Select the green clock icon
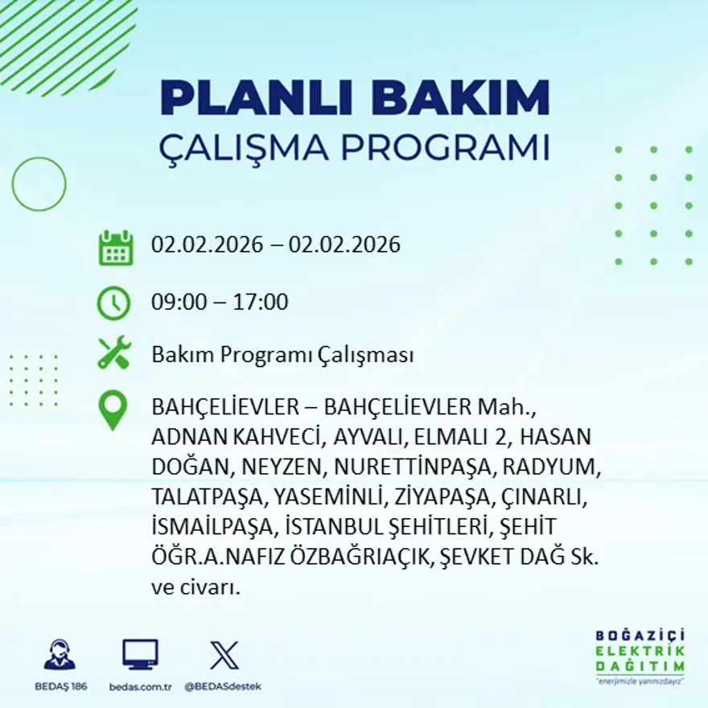(113, 303)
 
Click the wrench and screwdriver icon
(113, 353)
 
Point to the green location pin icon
(113, 410)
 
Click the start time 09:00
(175, 303)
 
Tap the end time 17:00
(261, 303)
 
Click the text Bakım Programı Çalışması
(282, 355)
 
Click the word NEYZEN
(290, 467)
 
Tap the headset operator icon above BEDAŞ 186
(60, 655)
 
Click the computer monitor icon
(140, 655)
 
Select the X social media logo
(224, 655)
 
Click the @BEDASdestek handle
(223, 686)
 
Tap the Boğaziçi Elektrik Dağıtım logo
(640, 655)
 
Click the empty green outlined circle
(39, 184)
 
